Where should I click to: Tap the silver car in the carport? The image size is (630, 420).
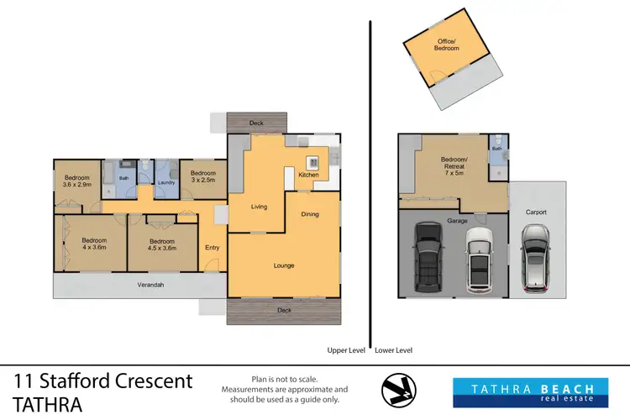[x=535, y=260]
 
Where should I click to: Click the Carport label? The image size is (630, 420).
[x=535, y=213]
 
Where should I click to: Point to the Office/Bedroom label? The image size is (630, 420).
[x=448, y=45]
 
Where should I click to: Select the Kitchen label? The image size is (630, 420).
[x=308, y=175]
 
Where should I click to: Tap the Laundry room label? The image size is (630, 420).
[x=165, y=181]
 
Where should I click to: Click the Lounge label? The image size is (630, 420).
[x=283, y=266]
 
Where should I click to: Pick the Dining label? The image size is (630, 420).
[x=310, y=214]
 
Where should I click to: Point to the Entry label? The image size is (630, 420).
[x=212, y=247]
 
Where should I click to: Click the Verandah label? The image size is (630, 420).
[x=150, y=285]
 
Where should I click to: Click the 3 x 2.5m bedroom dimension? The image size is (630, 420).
[x=202, y=180]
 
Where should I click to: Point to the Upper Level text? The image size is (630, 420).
[x=344, y=350]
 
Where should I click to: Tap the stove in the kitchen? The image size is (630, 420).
[x=313, y=162]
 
